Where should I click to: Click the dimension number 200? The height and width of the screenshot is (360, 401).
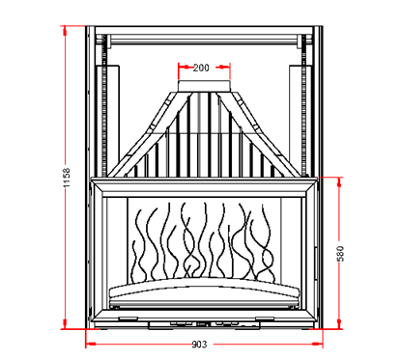tap(201, 68)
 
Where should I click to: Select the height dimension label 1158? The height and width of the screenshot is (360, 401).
tap(67, 180)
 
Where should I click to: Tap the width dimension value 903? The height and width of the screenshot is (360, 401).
tap(201, 345)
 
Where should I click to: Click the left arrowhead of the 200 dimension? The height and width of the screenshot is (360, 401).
tap(179, 68)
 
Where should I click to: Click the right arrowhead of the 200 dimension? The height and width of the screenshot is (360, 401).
tap(228, 68)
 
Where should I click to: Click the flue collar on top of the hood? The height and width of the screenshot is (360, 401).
tap(202, 90)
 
